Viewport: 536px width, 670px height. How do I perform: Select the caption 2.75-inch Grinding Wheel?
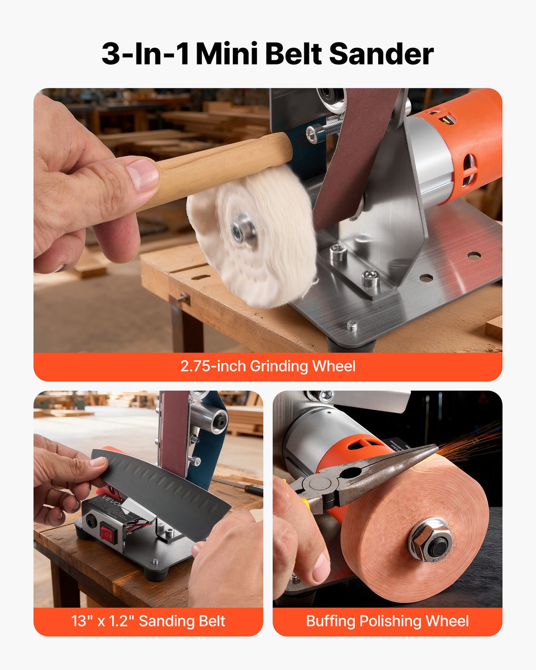(x=268, y=366)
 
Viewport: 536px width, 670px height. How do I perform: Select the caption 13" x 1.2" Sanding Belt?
(x=148, y=621)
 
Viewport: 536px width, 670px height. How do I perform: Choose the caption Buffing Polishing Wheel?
(x=387, y=621)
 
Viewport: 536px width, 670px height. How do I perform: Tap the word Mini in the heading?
(x=226, y=54)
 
